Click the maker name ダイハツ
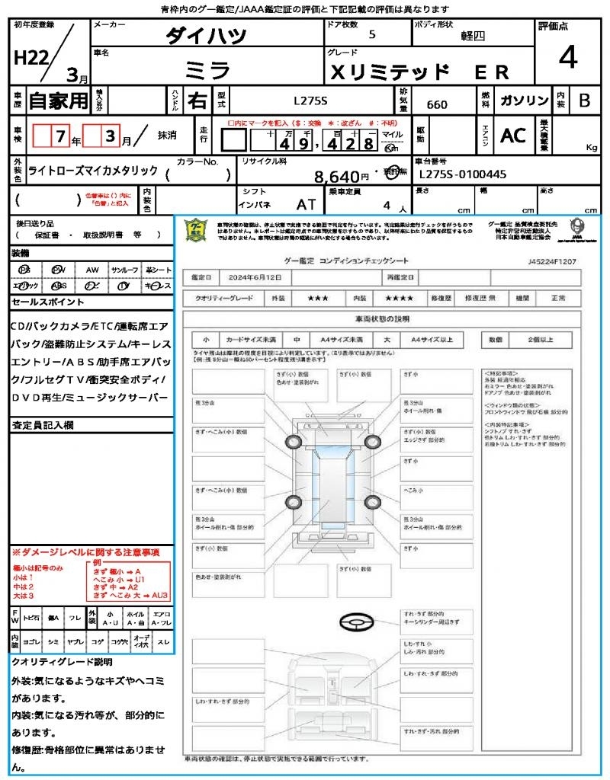(206, 36)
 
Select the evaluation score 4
(567, 58)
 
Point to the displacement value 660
(437, 104)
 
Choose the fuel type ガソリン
(524, 101)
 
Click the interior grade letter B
(583, 101)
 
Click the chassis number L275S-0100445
(463, 174)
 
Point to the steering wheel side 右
(197, 100)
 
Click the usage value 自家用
(58, 101)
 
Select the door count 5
(371, 35)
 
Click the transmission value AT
(307, 205)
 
